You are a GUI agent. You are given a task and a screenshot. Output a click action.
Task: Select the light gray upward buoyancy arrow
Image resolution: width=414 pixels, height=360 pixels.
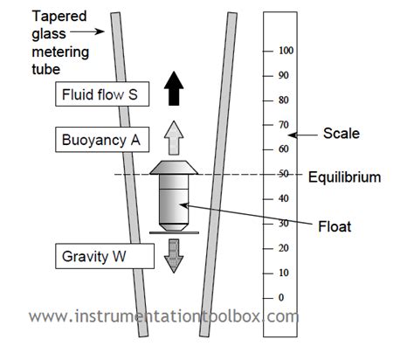click(x=175, y=135)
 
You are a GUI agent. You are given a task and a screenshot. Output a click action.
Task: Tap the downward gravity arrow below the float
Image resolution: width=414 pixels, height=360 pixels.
click(x=175, y=254)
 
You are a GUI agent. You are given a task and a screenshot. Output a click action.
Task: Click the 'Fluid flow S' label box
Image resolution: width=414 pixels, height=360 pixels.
click(x=101, y=93)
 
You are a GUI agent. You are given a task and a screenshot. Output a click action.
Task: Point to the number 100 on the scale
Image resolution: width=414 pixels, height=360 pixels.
click(x=285, y=51)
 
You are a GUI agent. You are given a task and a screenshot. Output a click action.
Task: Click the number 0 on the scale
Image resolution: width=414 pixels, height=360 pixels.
click(x=279, y=298)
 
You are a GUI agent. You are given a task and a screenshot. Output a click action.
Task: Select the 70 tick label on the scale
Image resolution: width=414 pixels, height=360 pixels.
click(x=282, y=125)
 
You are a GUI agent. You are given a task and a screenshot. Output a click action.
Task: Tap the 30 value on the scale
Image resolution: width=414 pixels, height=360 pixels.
click(x=282, y=224)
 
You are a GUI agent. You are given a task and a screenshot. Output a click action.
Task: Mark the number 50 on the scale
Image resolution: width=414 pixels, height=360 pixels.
click(x=282, y=175)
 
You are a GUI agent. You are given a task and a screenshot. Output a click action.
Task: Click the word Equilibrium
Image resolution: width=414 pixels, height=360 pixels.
click(x=344, y=177)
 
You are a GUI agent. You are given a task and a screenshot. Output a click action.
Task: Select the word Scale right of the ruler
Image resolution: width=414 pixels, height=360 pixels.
click(x=341, y=134)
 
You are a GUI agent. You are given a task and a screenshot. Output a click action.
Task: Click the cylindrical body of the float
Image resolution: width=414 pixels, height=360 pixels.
click(x=174, y=204)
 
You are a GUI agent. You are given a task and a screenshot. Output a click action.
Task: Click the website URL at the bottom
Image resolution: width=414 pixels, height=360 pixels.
click(x=165, y=316)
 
